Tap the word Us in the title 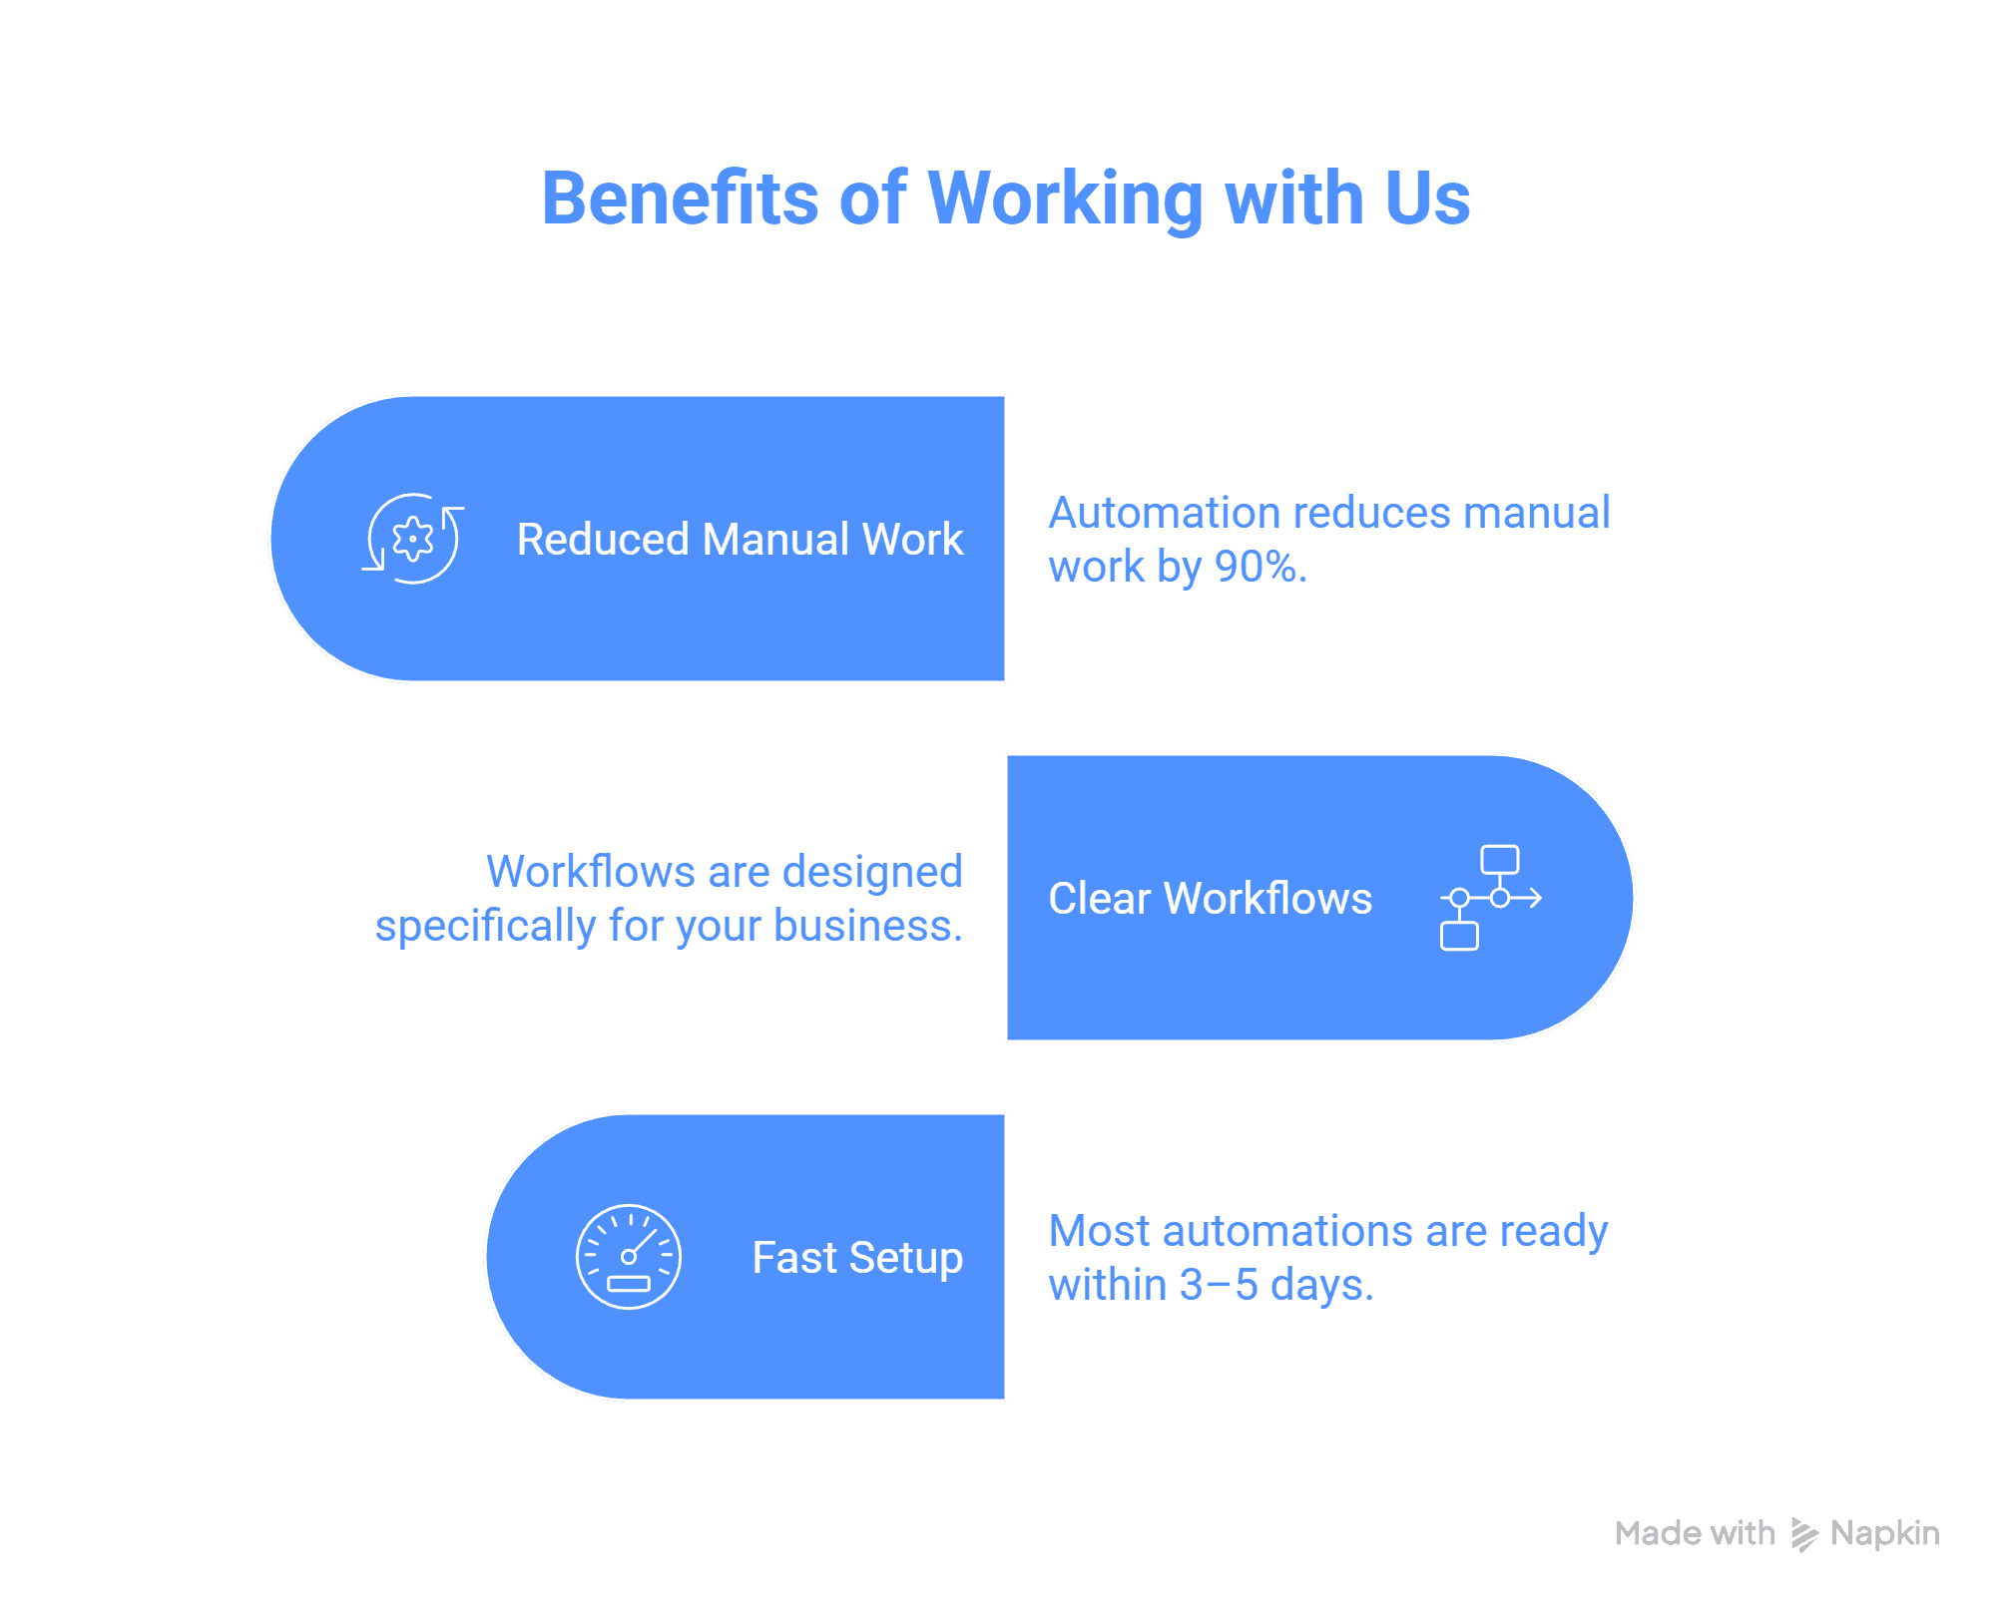1426,198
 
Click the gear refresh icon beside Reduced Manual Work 412,539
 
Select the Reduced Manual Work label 740,540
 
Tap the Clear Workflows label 1210,899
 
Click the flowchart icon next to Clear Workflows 1490,898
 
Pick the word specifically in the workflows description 485,926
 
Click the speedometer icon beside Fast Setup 629,1257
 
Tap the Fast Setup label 857,1258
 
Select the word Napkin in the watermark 1884,1533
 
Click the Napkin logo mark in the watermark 1803,1534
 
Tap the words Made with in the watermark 1695,1533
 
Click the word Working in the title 1065,198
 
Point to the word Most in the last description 1100,1231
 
